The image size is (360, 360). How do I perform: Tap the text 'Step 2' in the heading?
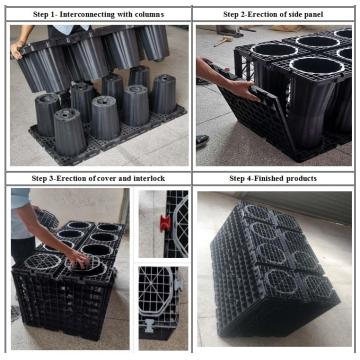click(233, 14)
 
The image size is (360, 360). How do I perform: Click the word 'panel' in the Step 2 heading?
click(313, 14)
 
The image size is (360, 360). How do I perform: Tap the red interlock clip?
click(165, 223)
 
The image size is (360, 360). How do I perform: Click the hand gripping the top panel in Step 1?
click(17, 49)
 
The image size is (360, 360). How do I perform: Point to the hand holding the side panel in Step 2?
click(246, 90)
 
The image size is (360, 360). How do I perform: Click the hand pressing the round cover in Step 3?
click(79, 259)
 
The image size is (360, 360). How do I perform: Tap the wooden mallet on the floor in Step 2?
click(223, 41)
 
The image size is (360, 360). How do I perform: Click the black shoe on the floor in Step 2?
click(202, 140)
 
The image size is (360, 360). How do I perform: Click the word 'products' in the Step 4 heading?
click(301, 178)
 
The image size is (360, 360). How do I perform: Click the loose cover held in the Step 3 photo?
click(47, 219)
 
